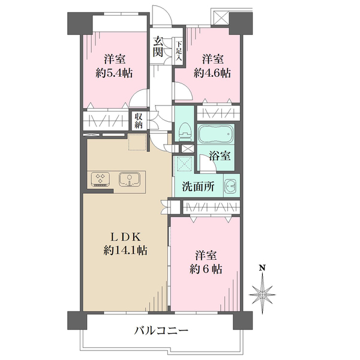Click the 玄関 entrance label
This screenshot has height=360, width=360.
(x=158, y=46)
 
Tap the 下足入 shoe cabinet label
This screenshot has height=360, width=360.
(x=179, y=51)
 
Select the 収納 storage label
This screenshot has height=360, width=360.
(x=139, y=121)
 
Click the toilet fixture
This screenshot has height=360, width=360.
(x=185, y=131)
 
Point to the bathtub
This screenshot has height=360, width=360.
(x=215, y=134)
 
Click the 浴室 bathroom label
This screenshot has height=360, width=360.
(x=220, y=156)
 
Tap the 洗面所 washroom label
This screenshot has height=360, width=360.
(x=199, y=186)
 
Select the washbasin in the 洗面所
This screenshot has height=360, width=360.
(x=232, y=185)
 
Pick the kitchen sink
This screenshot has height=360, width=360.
(x=130, y=179)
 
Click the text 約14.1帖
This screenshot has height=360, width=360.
(x=125, y=250)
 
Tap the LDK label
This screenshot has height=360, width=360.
(x=125, y=237)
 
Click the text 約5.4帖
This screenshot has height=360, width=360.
(x=114, y=73)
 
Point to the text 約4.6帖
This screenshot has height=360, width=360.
(x=212, y=73)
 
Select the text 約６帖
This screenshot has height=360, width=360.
(x=206, y=269)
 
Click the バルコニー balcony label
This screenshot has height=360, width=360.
(x=161, y=331)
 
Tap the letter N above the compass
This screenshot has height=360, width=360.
(x=262, y=268)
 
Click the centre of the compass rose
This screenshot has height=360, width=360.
(x=262, y=295)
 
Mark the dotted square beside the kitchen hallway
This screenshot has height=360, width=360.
(x=137, y=142)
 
